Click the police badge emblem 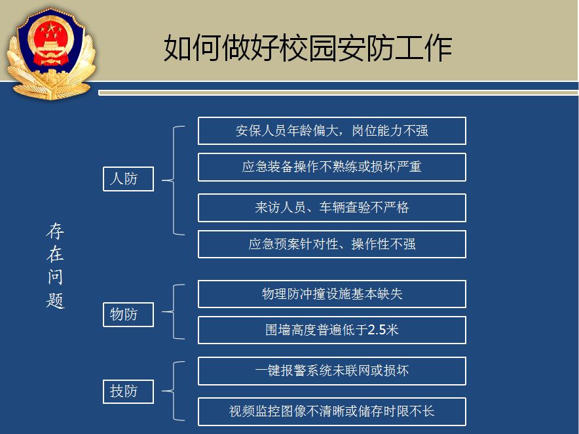51,54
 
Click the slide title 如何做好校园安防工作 308,48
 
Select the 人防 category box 128,179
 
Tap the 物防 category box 128,315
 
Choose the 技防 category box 128,391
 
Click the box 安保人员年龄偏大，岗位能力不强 332,131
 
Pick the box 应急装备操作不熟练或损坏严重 332,167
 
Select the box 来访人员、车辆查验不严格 332,208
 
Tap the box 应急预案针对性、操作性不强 332,244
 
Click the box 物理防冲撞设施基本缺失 332,294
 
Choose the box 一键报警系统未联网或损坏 332,371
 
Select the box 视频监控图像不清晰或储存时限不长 332,412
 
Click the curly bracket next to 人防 174,180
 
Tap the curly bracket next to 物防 174,311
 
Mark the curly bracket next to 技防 174,391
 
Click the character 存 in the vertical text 56,231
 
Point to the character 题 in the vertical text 56,300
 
